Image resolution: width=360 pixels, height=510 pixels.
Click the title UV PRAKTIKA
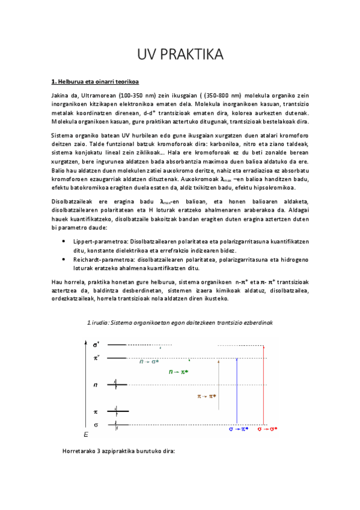[x=180, y=55]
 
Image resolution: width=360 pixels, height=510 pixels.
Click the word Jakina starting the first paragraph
[x=61, y=96]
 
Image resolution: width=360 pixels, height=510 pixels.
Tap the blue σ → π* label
[x=239, y=429]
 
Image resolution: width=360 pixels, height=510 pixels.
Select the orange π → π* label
[x=207, y=396]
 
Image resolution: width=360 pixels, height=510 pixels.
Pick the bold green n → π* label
[x=178, y=372]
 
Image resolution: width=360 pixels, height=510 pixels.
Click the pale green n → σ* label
[x=150, y=361]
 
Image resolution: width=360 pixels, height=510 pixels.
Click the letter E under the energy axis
[x=86, y=434]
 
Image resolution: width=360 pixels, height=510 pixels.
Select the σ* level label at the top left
[x=96, y=345]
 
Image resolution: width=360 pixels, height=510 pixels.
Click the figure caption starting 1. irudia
[x=180, y=322]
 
